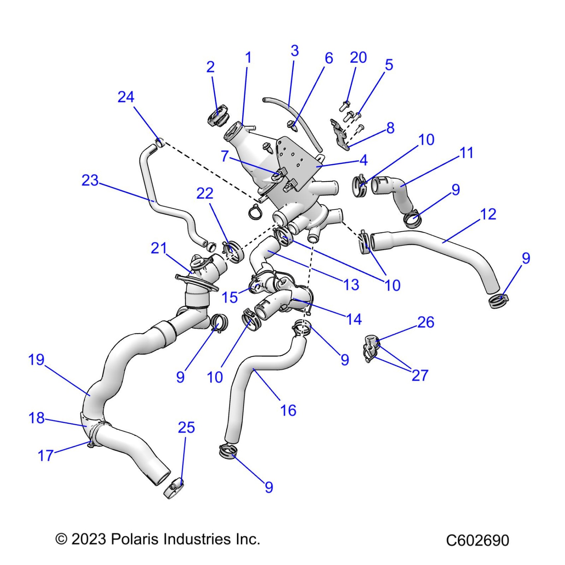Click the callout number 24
coord(126,97)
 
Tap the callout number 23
coord(90,180)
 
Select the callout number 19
coord(36,360)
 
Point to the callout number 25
coord(186,428)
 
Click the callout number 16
coord(288,411)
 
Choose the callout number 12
coord(488,214)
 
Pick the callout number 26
coord(426,322)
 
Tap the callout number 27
coord(420,376)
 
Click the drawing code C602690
coord(477,540)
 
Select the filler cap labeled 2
coord(218,116)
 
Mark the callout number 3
coord(294,51)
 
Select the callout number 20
coord(358,58)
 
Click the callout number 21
coord(159,248)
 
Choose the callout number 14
coord(354,319)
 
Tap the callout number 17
coord(46,456)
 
